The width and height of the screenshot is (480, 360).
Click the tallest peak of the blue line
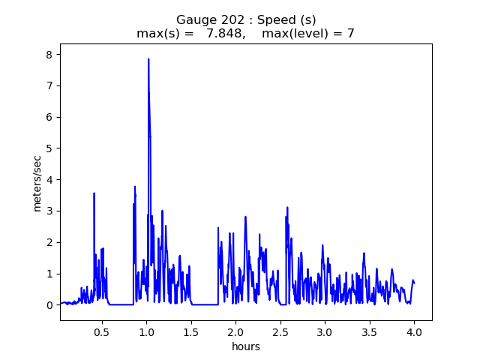click(x=148, y=59)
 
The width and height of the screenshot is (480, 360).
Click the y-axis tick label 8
click(x=49, y=55)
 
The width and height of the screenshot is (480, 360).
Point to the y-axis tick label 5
click(x=49, y=148)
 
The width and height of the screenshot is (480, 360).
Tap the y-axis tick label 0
click(x=49, y=305)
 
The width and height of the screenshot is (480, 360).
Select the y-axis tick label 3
click(x=49, y=211)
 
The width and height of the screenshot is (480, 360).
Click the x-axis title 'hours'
click(x=246, y=346)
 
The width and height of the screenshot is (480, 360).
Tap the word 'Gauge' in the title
click(x=193, y=20)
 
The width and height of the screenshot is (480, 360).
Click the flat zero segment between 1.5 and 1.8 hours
click(x=205, y=304)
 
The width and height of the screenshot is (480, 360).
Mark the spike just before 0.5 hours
click(x=94, y=193)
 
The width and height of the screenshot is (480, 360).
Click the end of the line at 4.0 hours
click(x=414, y=282)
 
